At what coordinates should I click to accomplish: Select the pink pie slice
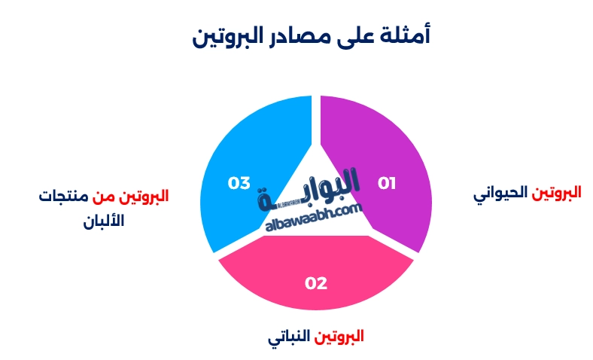point(316,282)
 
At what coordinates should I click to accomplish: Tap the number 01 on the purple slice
point(387,183)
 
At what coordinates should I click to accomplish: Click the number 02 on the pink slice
point(316,283)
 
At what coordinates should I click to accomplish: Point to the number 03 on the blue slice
point(239,183)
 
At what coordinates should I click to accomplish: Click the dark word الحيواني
point(501,194)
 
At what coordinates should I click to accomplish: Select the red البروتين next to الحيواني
point(557,192)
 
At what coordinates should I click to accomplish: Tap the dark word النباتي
point(288,337)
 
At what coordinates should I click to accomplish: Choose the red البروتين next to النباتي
point(339,336)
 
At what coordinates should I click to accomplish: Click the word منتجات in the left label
point(63,197)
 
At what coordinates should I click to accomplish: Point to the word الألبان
point(103,222)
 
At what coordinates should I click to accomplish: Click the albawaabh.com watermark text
point(315,219)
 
